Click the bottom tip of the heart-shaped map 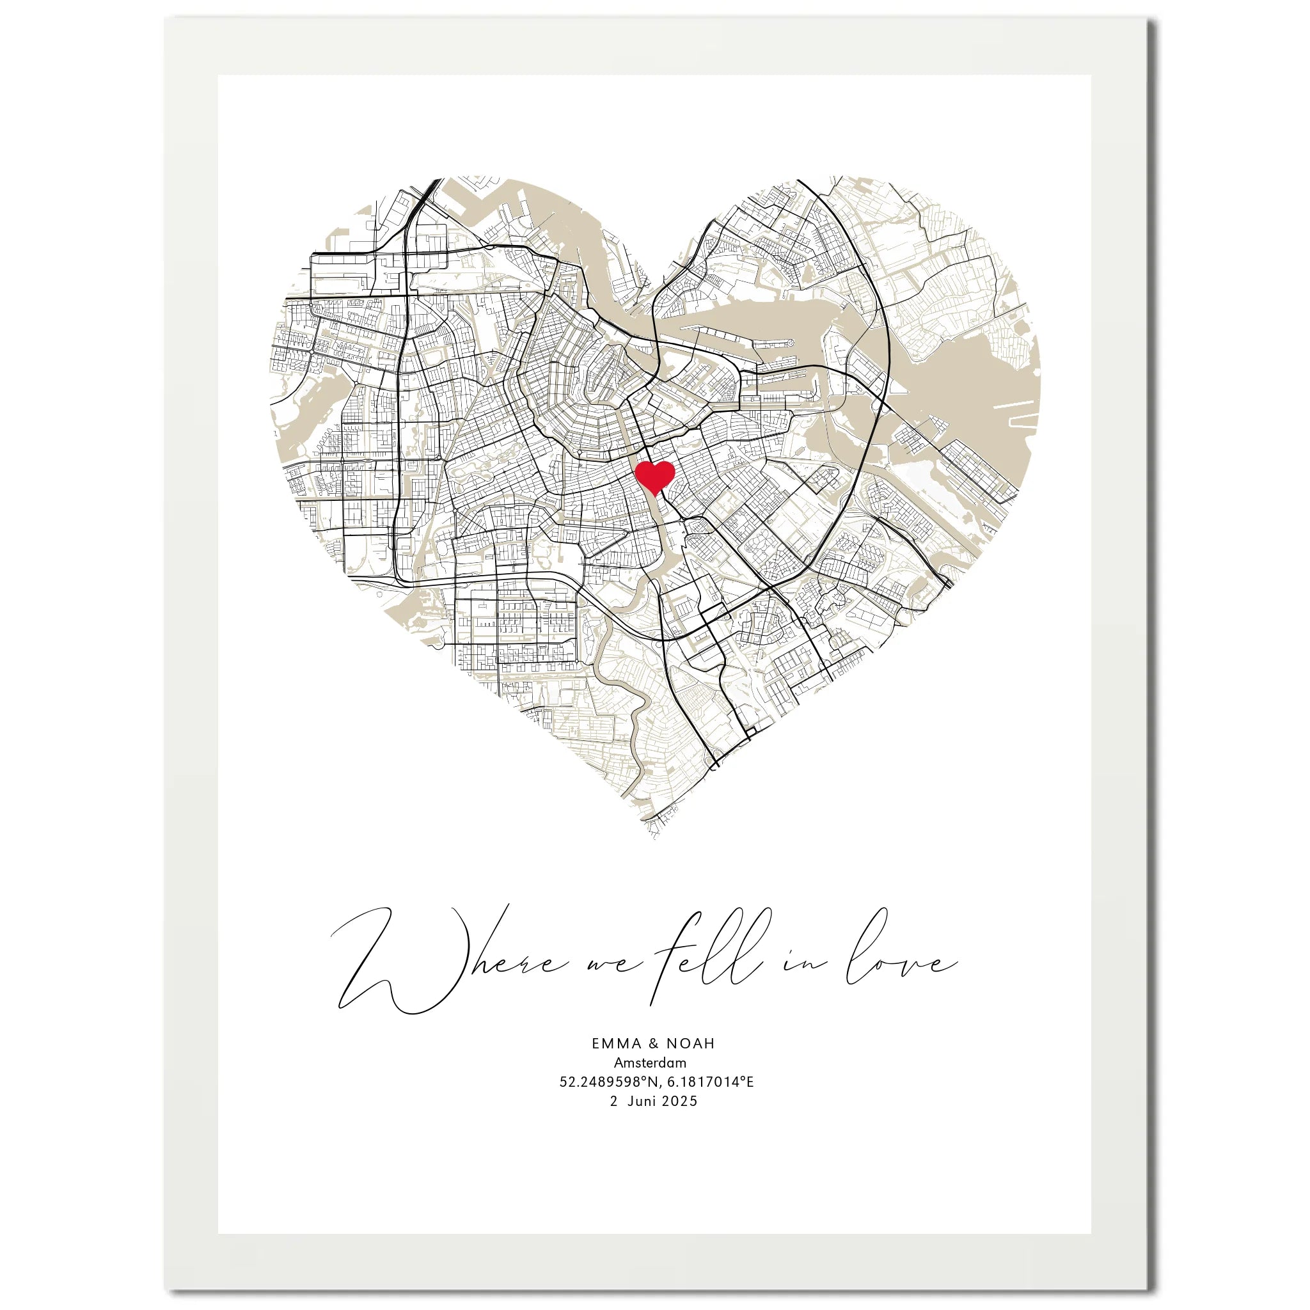(654, 838)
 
